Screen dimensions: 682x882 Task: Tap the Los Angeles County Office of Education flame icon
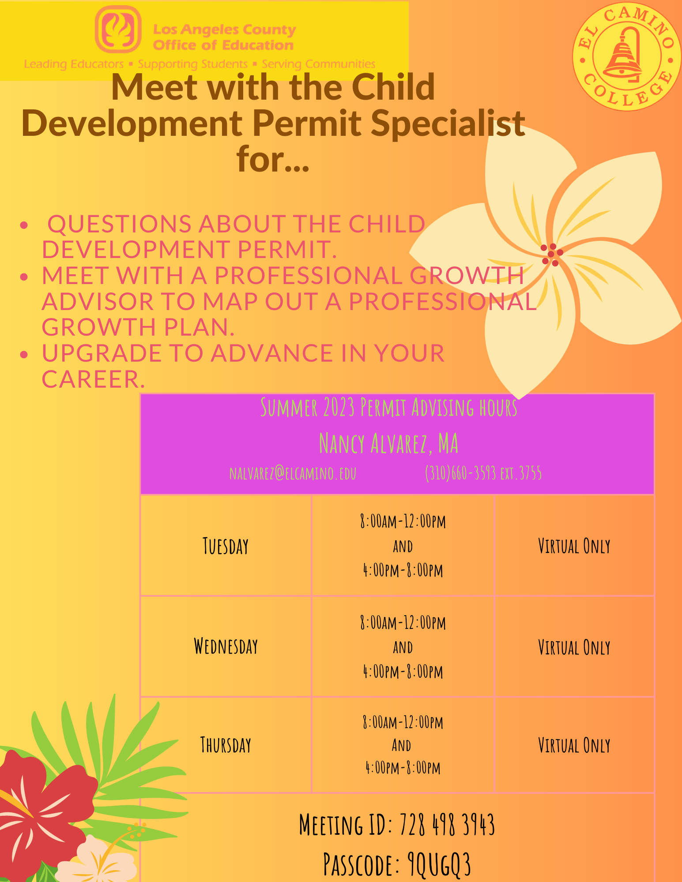[x=118, y=29]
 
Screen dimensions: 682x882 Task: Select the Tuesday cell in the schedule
[x=226, y=546]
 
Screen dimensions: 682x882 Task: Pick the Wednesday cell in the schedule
[x=226, y=647]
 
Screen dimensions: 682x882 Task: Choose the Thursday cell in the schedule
[x=226, y=745]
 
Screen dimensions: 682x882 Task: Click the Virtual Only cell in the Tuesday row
[x=574, y=546]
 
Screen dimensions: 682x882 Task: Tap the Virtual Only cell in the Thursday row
[x=574, y=745]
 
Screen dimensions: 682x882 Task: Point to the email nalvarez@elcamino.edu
[x=293, y=473]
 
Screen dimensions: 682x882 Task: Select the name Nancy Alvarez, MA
[x=388, y=443]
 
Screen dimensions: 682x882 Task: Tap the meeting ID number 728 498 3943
[x=447, y=825]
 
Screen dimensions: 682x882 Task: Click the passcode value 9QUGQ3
[x=439, y=864]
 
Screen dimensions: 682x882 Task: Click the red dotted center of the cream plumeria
[x=552, y=254]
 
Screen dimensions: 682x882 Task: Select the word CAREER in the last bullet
[x=93, y=379]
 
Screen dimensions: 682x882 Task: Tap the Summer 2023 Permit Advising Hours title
[x=388, y=407]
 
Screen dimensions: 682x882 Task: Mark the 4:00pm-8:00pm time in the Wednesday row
[x=403, y=672]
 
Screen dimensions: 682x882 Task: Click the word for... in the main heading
[x=273, y=159]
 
